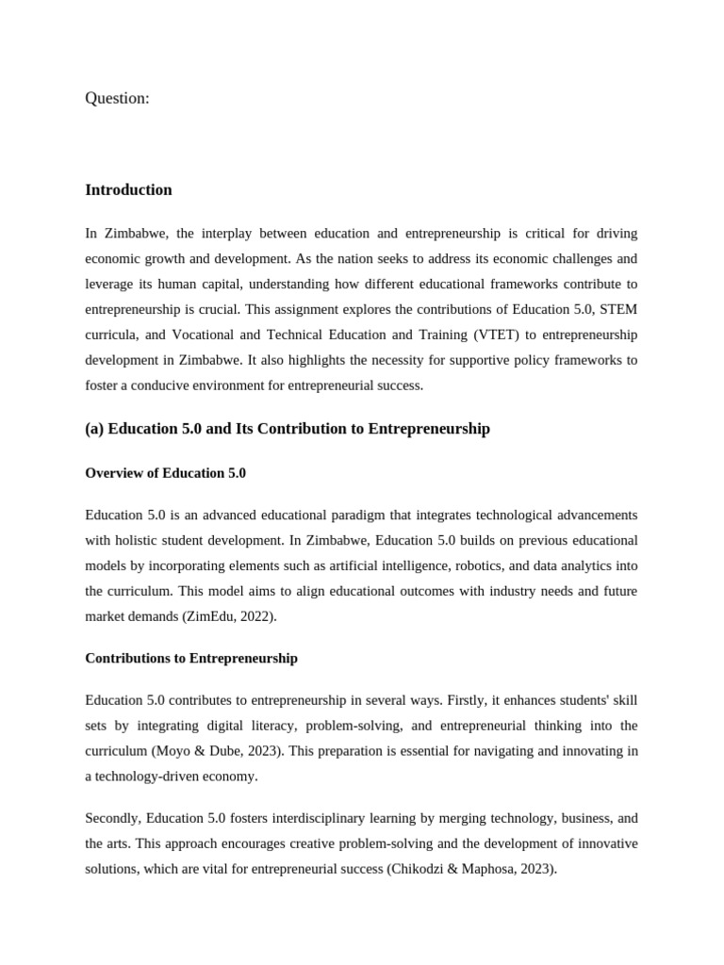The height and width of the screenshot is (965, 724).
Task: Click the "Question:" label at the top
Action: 117,98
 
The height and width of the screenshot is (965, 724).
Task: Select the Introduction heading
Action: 128,189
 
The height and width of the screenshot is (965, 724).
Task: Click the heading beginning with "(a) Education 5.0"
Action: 288,429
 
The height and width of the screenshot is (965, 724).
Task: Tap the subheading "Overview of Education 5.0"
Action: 165,473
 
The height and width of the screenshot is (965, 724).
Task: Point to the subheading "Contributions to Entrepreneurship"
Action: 191,658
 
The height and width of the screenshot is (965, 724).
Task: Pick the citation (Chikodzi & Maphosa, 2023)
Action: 471,870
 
